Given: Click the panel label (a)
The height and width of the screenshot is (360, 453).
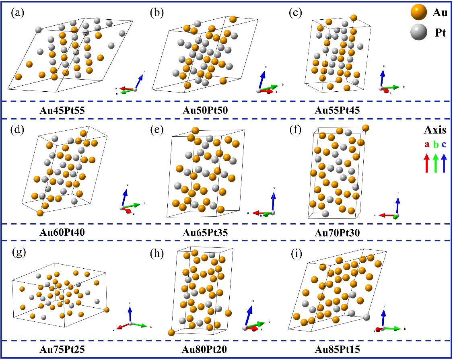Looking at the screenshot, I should tap(18, 13).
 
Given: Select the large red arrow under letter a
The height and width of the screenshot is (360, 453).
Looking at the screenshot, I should tap(426, 164).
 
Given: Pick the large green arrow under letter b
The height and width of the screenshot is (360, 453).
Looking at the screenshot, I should tap(435, 164).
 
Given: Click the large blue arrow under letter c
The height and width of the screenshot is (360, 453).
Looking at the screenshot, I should tap(444, 164).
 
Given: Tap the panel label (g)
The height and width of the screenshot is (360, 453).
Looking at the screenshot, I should tap(18, 254).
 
